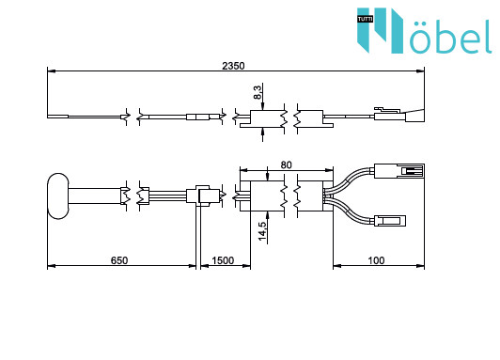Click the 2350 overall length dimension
tap(233, 66)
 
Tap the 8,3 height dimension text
tap(258, 91)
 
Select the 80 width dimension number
tap(286, 164)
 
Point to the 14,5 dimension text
tap(262, 231)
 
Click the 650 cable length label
tap(119, 260)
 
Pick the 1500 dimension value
tap(223, 260)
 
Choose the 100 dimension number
tap(376, 260)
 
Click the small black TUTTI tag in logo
tap(365, 20)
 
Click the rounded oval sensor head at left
tap(57, 196)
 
